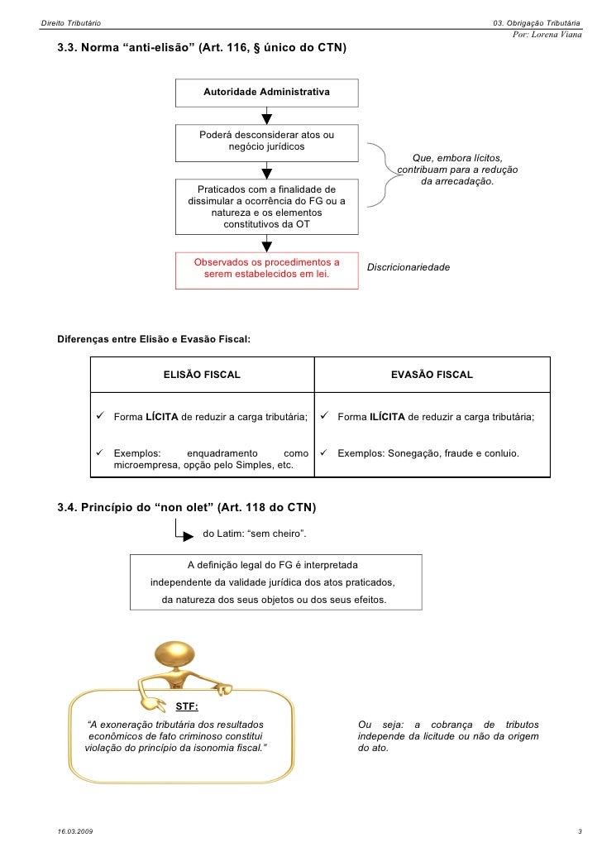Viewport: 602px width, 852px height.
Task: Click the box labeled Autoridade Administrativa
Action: tap(266, 92)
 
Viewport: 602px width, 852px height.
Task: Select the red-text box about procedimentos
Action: tap(266, 269)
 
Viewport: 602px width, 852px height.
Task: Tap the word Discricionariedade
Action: tap(408, 268)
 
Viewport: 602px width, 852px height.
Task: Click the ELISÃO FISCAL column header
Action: tap(202, 375)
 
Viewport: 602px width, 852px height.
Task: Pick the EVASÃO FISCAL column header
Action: tap(432, 375)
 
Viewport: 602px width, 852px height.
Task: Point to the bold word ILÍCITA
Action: tap(387, 417)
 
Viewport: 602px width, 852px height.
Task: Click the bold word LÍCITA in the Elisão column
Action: tap(162, 417)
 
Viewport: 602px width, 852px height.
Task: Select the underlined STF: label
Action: tap(187, 706)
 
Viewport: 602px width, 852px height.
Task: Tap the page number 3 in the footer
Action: tap(580, 830)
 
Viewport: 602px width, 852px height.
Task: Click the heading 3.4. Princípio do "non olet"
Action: tap(186, 506)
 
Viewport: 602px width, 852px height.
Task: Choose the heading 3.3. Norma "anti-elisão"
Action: tap(202, 48)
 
